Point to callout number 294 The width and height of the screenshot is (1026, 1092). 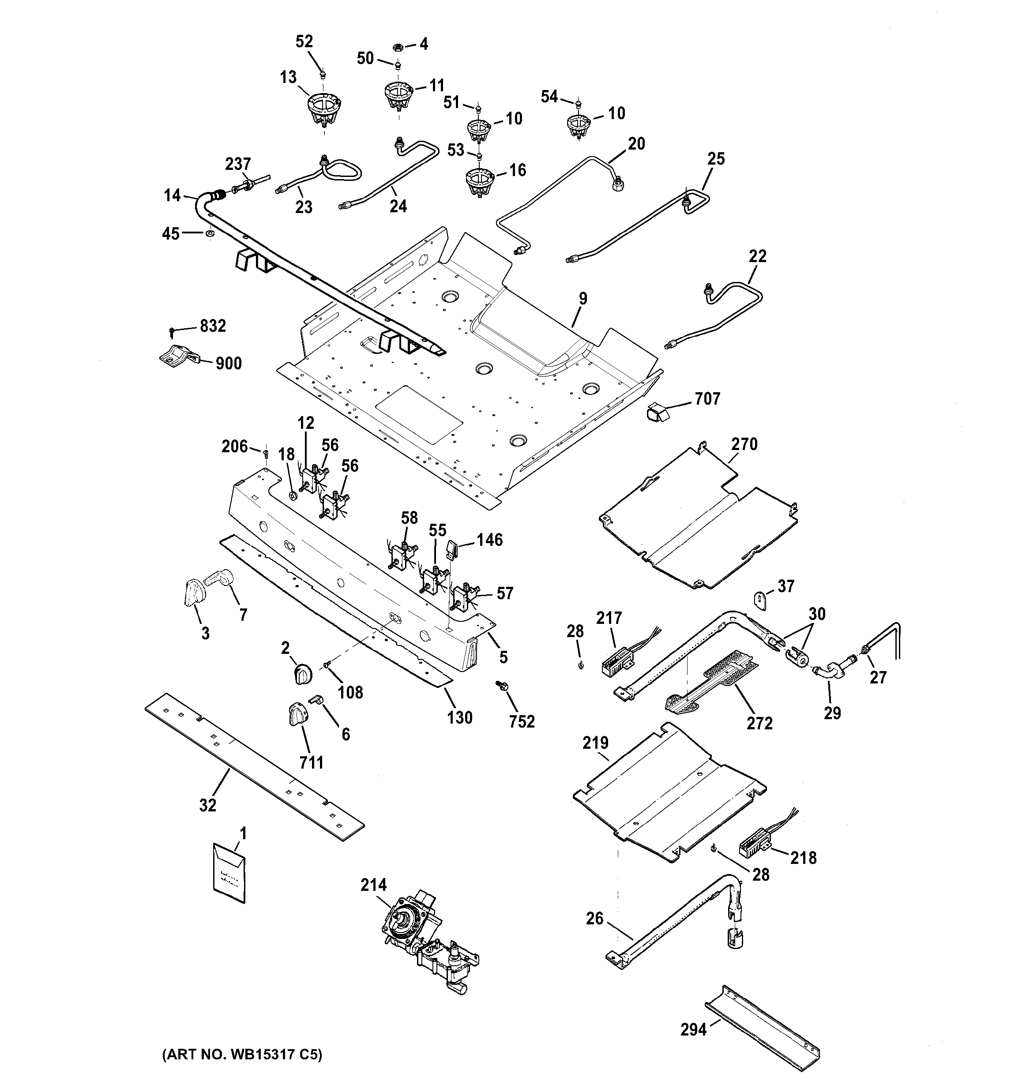click(x=693, y=1029)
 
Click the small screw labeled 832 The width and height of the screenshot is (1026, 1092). click(x=173, y=330)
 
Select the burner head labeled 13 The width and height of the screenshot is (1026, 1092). click(x=323, y=107)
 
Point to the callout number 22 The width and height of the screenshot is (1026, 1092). click(x=757, y=256)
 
